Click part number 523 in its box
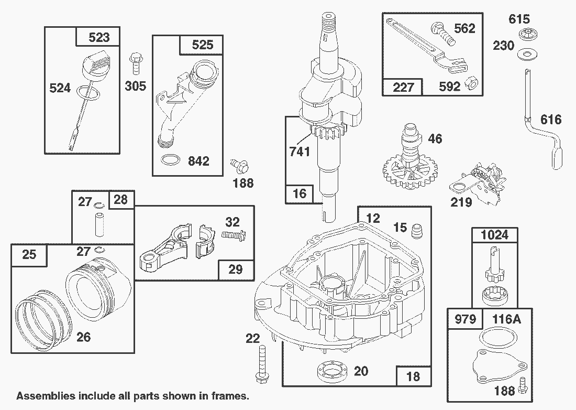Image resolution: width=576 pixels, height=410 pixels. coord(99,37)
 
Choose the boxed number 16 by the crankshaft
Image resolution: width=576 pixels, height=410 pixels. coord(299,193)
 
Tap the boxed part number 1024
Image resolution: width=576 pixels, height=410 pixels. coord(494,234)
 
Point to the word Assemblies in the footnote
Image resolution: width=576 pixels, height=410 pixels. coord(42,395)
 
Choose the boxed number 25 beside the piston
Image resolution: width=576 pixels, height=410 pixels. coord(29,254)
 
